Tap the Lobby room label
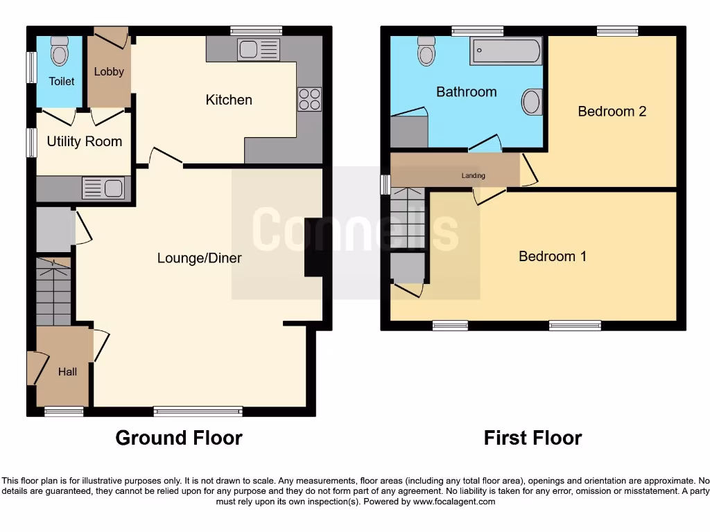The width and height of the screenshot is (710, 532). click(109, 71)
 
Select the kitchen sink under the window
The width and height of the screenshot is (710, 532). click(258, 49)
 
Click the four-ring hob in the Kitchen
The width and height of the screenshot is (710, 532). click(309, 99)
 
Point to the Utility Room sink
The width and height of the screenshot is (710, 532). click(103, 188)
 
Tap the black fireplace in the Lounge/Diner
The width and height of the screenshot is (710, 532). click(314, 247)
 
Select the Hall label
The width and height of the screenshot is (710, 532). click(67, 372)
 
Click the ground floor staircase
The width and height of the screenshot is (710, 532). click(53, 291)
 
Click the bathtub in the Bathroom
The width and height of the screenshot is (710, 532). click(505, 51)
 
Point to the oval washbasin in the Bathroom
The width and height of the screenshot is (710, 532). click(532, 103)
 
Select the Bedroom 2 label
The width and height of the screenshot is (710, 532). click(612, 111)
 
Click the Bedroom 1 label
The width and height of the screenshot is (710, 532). click(553, 256)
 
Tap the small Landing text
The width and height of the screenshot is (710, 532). click(474, 176)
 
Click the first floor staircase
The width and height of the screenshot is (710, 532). click(407, 218)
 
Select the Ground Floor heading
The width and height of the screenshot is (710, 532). click(179, 438)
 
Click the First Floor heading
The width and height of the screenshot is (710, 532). click(532, 438)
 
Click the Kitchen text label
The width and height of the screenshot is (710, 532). click(229, 100)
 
